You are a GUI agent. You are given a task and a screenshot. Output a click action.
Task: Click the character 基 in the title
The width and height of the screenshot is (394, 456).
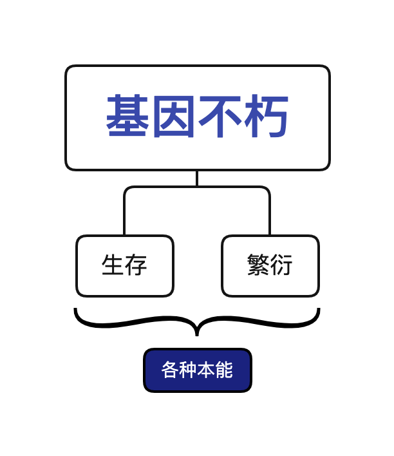128,117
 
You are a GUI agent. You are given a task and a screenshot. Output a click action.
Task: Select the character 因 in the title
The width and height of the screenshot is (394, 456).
174,117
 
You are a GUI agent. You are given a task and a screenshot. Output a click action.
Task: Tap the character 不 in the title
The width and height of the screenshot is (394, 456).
220,117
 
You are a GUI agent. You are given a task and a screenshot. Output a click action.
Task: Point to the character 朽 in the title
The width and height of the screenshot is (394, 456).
266,117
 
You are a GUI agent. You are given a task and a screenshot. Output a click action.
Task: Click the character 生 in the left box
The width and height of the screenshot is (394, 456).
113,265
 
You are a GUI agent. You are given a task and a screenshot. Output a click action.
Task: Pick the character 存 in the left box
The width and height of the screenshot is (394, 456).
136,265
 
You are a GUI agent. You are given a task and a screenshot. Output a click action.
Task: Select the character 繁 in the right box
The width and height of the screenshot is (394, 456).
258,265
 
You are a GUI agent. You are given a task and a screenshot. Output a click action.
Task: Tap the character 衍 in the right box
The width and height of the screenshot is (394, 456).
281,265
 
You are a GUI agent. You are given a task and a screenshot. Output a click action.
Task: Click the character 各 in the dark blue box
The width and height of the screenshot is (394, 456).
170,370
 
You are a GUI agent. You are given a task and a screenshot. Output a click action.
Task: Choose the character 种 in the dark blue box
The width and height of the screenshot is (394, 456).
188,370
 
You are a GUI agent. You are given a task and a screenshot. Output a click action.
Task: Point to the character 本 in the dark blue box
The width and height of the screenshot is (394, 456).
206,370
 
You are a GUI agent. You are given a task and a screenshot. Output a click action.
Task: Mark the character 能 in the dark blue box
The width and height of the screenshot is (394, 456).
224,370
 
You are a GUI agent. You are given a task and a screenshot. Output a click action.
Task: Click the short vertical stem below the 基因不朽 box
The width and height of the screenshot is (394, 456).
197,178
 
